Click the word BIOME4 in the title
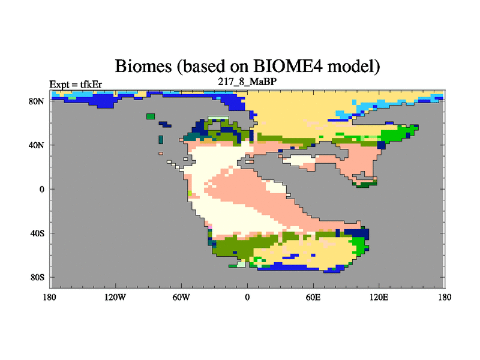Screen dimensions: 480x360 pyautogui.click(x=288, y=65)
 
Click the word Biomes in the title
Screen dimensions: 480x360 pyautogui.click(x=143, y=65)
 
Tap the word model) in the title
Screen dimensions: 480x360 pyautogui.click(x=353, y=66)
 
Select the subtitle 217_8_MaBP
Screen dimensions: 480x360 pyautogui.click(x=247, y=82)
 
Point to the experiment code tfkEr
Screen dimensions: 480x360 pyautogui.click(x=91, y=84)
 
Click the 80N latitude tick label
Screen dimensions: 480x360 pyautogui.click(x=37, y=101)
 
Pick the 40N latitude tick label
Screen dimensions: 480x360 pyautogui.click(x=37, y=145)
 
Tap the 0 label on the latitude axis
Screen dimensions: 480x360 pyautogui.click(x=41, y=189)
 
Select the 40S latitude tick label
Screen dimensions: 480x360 pyautogui.click(x=37, y=233)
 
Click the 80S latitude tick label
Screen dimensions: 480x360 pyautogui.click(x=37, y=277)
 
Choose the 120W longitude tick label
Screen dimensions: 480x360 pyautogui.click(x=115, y=297)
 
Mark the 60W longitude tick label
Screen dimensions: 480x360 pyautogui.click(x=181, y=297)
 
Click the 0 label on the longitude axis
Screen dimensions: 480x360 pyautogui.click(x=247, y=297)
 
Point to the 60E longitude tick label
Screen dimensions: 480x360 pyautogui.click(x=313, y=297)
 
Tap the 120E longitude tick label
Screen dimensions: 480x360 pyautogui.click(x=379, y=297)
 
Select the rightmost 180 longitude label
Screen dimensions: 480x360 pyautogui.click(x=445, y=297)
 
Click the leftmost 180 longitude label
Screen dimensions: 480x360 pyautogui.click(x=50, y=297)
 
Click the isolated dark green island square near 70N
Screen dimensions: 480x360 pyautogui.click(x=151, y=116)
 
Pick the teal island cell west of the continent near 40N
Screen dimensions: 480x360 pyautogui.click(x=161, y=140)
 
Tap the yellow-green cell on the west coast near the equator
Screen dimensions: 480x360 pyautogui.click(x=190, y=193)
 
